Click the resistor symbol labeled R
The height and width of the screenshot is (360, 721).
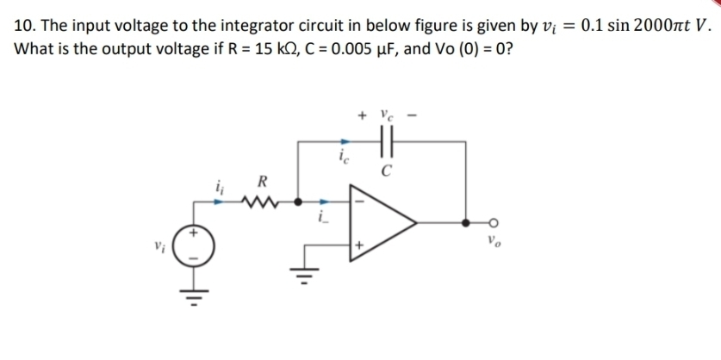[256, 204]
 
